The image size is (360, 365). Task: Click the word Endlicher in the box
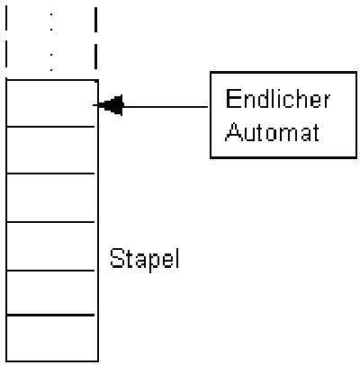(278, 99)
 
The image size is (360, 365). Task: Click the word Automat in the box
(273, 131)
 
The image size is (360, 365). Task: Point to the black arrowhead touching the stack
(111, 105)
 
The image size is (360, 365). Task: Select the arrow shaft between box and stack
(166, 106)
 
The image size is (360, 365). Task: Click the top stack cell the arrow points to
(51, 103)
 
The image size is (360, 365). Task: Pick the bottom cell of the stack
(51, 338)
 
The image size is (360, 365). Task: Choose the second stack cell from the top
(51, 150)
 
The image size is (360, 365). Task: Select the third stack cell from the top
(51, 198)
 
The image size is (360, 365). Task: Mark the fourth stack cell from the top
(51, 246)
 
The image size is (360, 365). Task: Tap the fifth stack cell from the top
(51, 293)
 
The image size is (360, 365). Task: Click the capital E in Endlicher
(231, 99)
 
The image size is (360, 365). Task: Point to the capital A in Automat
(233, 131)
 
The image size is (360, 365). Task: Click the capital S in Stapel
(116, 258)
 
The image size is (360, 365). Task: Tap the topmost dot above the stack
(51, 14)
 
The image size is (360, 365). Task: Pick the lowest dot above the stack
(51, 70)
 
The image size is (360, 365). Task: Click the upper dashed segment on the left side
(6, 18)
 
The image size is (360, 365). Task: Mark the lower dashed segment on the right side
(95, 57)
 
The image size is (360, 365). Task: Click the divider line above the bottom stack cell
(50, 315)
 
